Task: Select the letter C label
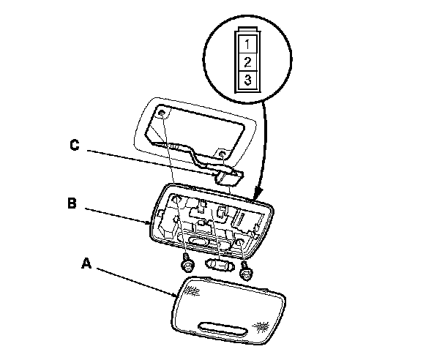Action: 75,146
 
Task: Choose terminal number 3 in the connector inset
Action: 247,79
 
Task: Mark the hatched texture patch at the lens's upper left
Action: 192,290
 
